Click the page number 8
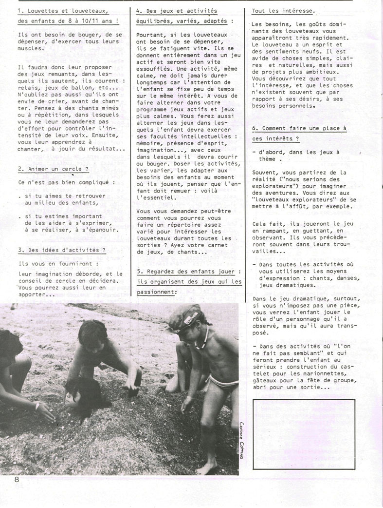tap(17, 479)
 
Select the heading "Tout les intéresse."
tap(283, 10)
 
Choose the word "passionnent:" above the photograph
tap(156, 293)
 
